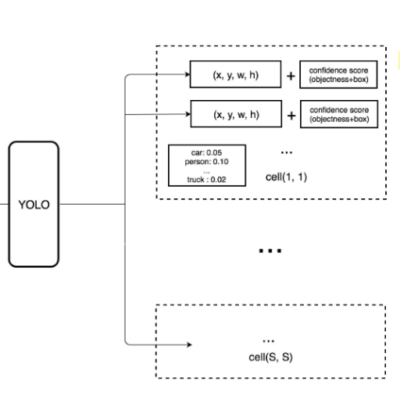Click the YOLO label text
coord(34,205)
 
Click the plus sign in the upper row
coord(291,76)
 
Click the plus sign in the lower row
coord(291,116)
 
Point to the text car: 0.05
coord(206,152)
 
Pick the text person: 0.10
coord(206,162)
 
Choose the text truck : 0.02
coord(206,180)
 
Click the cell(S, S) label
coord(270,357)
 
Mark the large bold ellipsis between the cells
coord(270,251)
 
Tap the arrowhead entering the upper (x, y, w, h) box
coord(187,74)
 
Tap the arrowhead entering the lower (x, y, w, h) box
coord(188,114)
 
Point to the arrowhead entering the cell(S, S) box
coord(189,345)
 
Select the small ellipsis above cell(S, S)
coord(269,341)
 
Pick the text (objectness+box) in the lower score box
coord(339,119)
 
